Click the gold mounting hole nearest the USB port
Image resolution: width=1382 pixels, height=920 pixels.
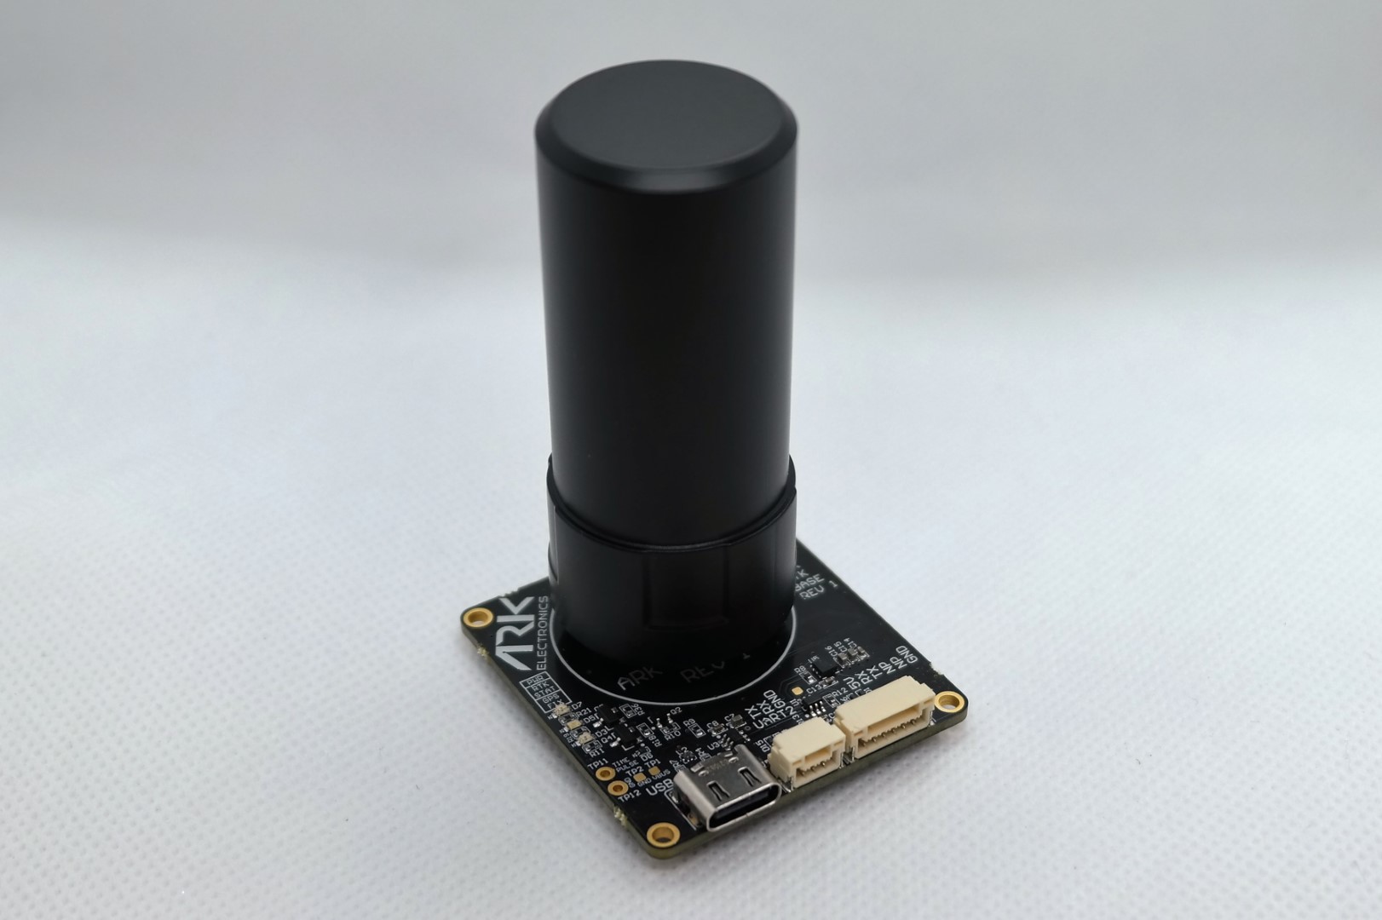tap(658, 832)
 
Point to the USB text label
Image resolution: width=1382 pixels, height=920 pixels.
tap(659, 790)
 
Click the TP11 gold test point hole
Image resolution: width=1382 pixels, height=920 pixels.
tap(605, 773)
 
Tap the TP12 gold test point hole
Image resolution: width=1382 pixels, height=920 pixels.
tap(618, 789)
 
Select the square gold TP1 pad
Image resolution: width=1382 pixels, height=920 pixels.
tap(654, 771)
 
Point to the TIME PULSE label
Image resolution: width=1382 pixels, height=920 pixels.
tap(625, 765)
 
